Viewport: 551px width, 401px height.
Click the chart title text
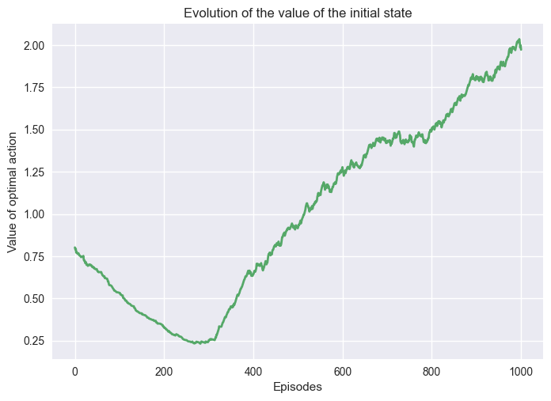point(297,13)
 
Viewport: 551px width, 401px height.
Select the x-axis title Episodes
point(297,388)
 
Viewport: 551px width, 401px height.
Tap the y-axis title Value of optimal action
point(13,191)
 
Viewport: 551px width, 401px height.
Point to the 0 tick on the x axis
point(75,371)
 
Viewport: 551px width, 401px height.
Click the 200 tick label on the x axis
point(164,371)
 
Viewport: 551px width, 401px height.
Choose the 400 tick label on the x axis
point(253,371)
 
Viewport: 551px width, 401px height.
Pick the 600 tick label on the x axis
point(343,371)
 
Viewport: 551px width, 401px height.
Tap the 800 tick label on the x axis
point(431,371)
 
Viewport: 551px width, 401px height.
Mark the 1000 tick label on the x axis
point(521,371)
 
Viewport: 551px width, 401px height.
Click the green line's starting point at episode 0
point(75,248)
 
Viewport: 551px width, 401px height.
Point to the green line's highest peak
point(519,39)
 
